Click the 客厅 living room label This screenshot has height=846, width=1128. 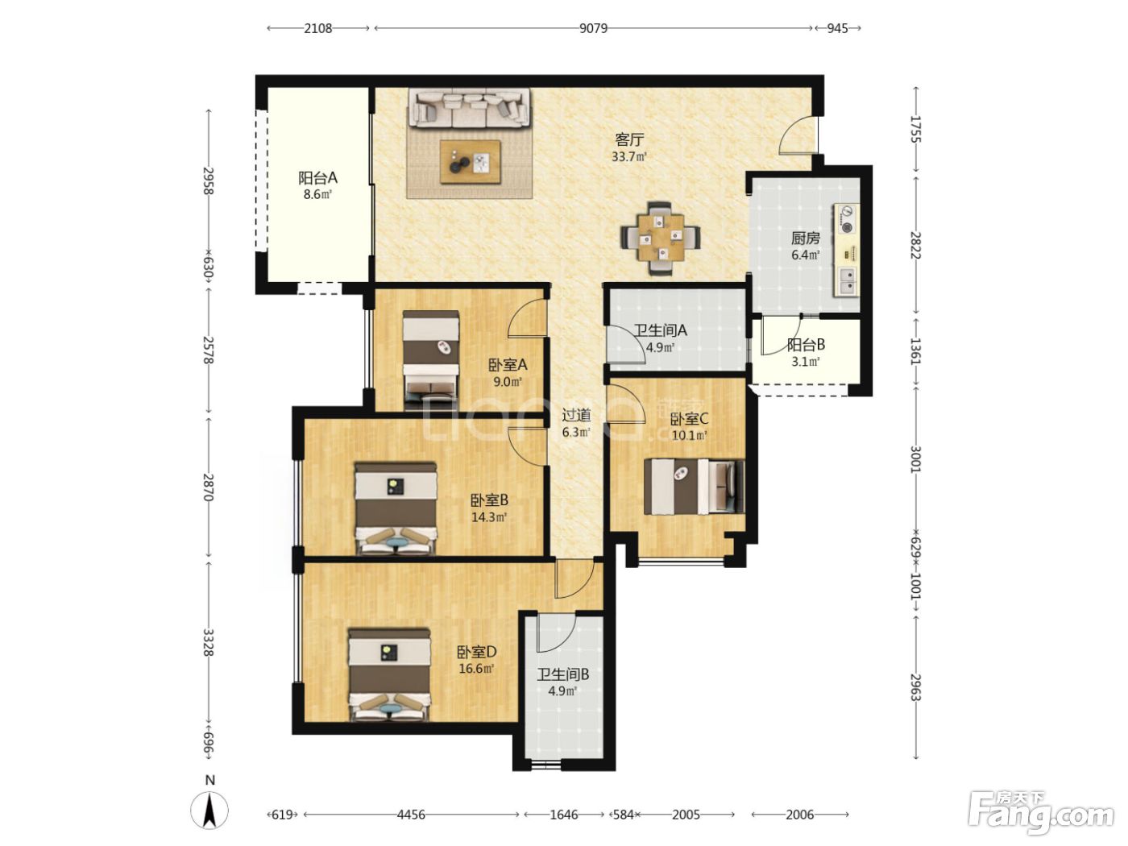[x=629, y=139]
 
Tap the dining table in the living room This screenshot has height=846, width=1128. [x=660, y=238]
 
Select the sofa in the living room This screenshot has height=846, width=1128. [x=469, y=109]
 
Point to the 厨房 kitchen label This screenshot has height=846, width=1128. [x=805, y=238]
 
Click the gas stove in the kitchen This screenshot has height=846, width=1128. [x=845, y=219]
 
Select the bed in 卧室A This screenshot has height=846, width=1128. [x=430, y=359]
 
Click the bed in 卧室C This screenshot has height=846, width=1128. [x=694, y=487]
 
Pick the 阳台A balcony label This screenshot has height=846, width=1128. [x=317, y=178]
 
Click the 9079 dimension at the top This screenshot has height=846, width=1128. [x=593, y=28]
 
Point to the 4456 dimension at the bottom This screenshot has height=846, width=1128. [x=411, y=814]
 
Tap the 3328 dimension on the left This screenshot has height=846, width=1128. [x=208, y=642]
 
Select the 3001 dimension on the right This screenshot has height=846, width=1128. [x=916, y=458]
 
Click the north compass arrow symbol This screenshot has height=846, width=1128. [x=209, y=811]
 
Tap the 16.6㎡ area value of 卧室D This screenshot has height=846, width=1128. [x=476, y=668]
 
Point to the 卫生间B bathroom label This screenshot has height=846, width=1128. [x=562, y=674]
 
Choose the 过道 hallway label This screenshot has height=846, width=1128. [x=576, y=414]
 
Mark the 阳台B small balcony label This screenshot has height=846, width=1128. [x=806, y=345]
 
